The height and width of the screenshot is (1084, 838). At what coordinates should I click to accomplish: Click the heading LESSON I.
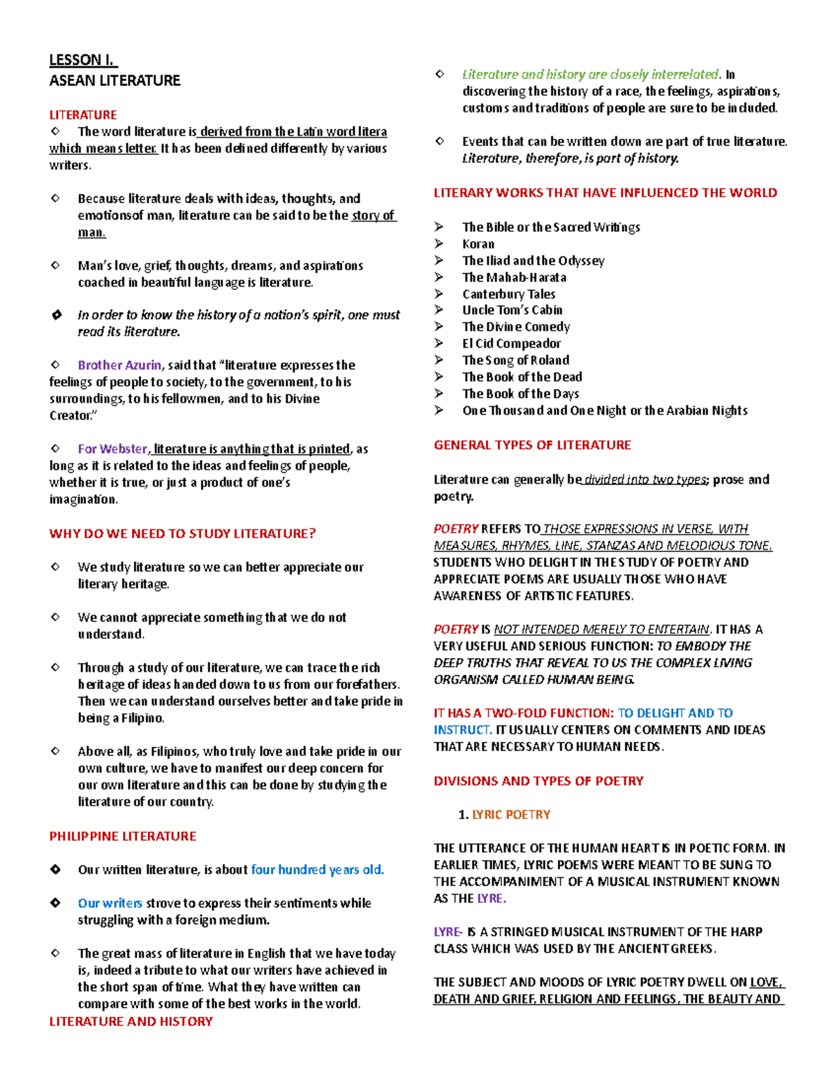pyautogui.click(x=82, y=60)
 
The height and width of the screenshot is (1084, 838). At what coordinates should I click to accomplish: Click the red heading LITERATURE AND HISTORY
pyautogui.click(x=131, y=1021)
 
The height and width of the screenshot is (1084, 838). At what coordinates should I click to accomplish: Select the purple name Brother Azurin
pyautogui.click(x=119, y=365)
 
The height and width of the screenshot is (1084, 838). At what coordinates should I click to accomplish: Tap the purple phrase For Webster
pyautogui.click(x=112, y=449)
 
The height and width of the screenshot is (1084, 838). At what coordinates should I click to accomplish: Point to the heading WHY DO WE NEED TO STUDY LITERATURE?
pyautogui.click(x=182, y=534)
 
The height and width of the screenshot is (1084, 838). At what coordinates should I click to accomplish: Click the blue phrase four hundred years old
pyautogui.click(x=317, y=870)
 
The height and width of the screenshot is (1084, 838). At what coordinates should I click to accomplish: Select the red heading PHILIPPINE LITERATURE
pyautogui.click(x=123, y=836)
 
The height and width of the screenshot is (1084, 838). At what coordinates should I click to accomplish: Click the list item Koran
pyautogui.click(x=478, y=244)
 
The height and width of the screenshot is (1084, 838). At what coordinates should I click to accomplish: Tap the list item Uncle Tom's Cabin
pyautogui.click(x=512, y=310)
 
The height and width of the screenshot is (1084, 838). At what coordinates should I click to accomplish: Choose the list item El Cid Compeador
pyautogui.click(x=511, y=343)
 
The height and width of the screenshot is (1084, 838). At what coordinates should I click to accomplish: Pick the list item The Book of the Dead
pyautogui.click(x=522, y=377)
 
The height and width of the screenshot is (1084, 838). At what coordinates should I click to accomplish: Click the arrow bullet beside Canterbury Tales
pyautogui.click(x=439, y=294)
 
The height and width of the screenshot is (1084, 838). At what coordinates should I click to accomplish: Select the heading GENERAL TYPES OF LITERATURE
pyautogui.click(x=532, y=445)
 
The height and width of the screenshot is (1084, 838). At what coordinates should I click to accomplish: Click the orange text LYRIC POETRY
pyautogui.click(x=511, y=815)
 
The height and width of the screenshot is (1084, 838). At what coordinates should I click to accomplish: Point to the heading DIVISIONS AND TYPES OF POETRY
pyautogui.click(x=538, y=781)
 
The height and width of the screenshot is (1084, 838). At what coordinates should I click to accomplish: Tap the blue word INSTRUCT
pyautogui.click(x=462, y=730)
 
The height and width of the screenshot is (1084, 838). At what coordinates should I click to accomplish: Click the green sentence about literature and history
pyautogui.click(x=590, y=75)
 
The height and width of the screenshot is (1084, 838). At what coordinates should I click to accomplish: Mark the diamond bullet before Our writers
pyautogui.click(x=56, y=903)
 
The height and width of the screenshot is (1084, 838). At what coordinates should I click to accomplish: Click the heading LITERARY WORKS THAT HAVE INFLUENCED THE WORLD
pyautogui.click(x=605, y=193)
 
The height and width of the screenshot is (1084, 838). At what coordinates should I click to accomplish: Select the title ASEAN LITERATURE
pyautogui.click(x=115, y=81)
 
